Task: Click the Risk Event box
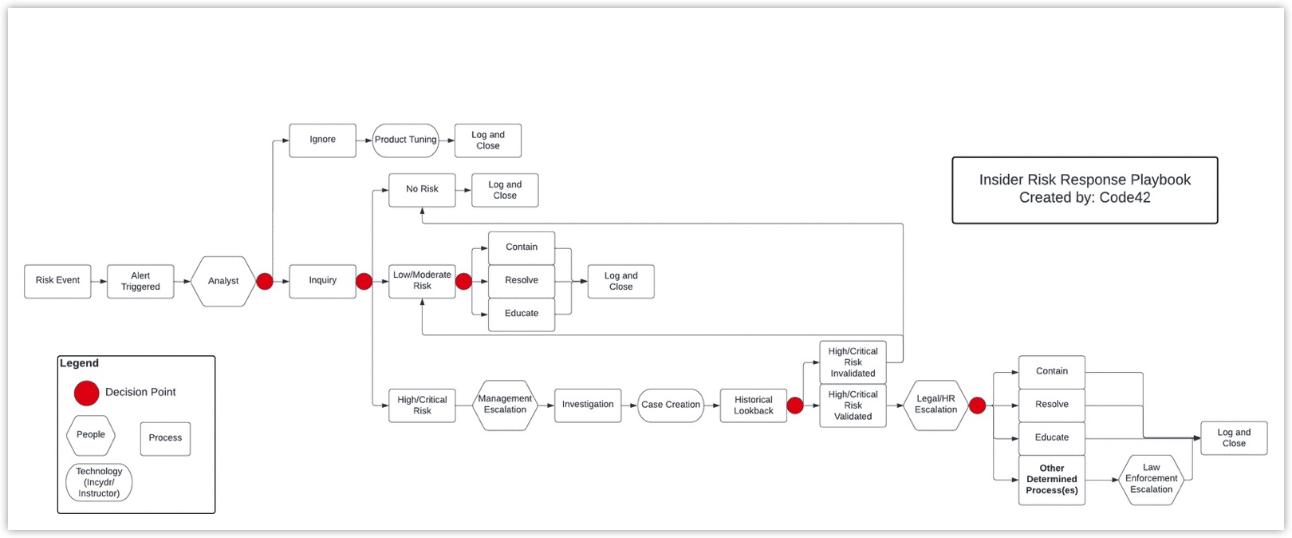click(57, 281)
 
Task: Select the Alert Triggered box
click(140, 281)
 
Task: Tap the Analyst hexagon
click(223, 281)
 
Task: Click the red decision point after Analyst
click(265, 281)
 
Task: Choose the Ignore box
click(322, 140)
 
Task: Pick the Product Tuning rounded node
click(405, 140)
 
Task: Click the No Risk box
click(422, 189)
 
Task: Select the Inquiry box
click(322, 281)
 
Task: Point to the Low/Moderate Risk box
click(422, 281)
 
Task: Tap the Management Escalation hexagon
click(505, 405)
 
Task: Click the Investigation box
click(588, 405)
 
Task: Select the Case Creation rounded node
click(671, 405)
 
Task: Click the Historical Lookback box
click(753, 405)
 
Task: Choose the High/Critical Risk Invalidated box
click(853, 362)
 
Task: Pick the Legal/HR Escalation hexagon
click(936, 405)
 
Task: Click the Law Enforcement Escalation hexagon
click(1151, 479)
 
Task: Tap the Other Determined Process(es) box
click(1051, 479)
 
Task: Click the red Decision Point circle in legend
click(86, 393)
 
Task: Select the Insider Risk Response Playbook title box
click(1085, 189)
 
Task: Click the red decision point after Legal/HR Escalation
click(977, 405)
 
